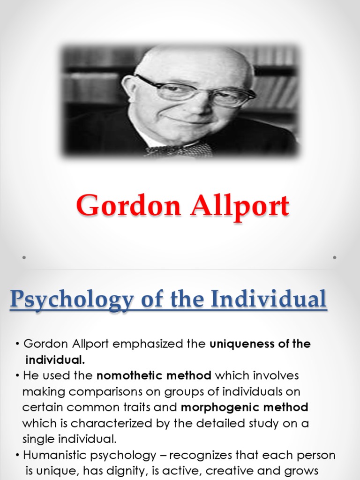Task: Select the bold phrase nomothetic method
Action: tap(154, 375)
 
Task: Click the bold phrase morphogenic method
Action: tap(245, 406)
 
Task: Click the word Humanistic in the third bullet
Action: tap(54, 455)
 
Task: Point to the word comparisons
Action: tap(90, 391)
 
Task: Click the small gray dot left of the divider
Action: tap(23, 257)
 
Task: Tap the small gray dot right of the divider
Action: tap(335, 257)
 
